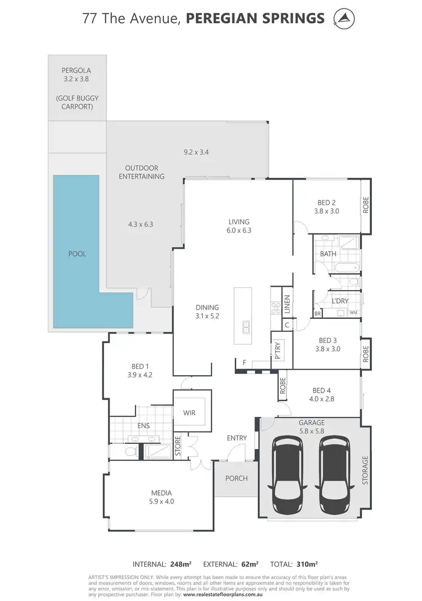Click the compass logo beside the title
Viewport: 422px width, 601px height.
[x=344, y=18]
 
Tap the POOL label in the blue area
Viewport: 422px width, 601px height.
[x=77, y=254]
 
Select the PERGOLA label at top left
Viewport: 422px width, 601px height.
[x=77, y=71]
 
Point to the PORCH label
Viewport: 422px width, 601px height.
[x=236, y=479]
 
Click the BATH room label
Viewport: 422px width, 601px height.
[x=328, y=254]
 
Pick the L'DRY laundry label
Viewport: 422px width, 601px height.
[x=340, y=301]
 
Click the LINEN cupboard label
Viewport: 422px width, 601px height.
[x=287, y=304]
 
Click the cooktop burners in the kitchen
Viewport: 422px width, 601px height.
[x=276, y=308]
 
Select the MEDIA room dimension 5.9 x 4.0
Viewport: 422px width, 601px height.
[x=161, y=502]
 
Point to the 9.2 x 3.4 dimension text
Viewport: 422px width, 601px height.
[x=196, y=152]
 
